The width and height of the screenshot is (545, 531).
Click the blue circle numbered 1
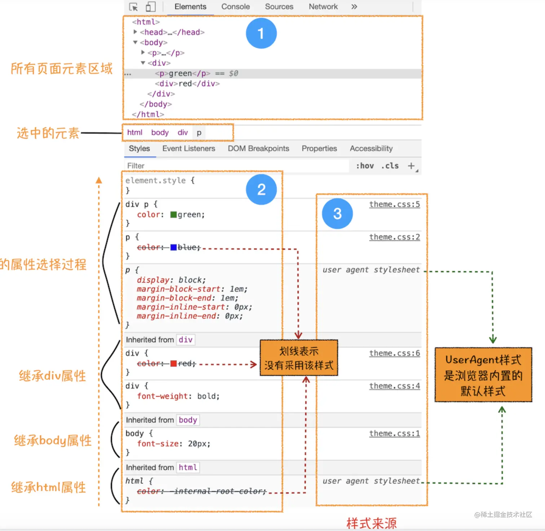pos(261,33)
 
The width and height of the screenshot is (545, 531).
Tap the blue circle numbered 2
pos(261,189)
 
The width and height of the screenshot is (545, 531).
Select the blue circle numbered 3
pos(337,214)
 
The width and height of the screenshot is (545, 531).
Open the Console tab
pos(235,7)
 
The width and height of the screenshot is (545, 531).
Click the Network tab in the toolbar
pos(323,7)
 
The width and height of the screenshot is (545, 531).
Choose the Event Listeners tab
pos(189,148)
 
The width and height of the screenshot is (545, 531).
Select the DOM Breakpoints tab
pos(258,148)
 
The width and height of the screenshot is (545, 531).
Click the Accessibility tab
pos(371,148)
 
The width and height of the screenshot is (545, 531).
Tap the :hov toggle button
pos(365,166)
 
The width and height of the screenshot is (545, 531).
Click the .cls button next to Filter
pos(390,166)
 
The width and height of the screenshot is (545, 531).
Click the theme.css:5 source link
pos(394,204)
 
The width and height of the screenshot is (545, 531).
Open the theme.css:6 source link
pos(394,353)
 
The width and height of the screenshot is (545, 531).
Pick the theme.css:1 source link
pos(394,433)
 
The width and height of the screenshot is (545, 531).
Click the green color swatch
pos(173,215)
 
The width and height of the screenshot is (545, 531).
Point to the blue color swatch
pos(173,247)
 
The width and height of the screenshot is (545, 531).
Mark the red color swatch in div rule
pos(173,363)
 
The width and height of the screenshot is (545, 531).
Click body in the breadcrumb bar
pos(160,133)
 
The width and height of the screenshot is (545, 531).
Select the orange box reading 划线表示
pos(299,358)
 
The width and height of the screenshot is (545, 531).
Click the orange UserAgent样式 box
pos(483,375)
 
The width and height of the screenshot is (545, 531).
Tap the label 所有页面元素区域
pos(62,68)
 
